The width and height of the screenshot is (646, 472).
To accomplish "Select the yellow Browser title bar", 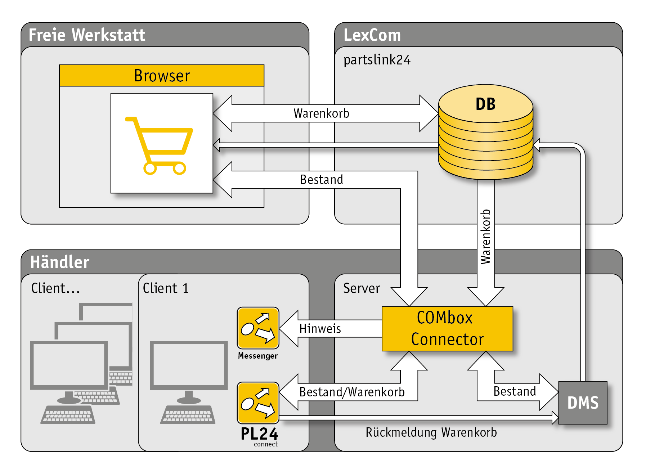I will pos(162,76).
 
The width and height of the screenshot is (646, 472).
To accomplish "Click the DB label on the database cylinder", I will pos(485,104).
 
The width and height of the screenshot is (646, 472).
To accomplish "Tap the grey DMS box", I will pos(583,403).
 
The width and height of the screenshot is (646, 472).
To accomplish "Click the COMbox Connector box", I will pos(447,328).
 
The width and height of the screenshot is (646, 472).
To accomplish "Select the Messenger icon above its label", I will pos(258,328).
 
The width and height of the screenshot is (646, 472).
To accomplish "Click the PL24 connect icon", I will pos(258,403).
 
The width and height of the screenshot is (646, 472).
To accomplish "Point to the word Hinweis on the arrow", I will pos(320,329).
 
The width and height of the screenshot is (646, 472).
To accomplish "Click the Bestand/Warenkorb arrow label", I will pos(352,392).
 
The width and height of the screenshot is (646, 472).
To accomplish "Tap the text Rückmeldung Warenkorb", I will pos(431,432).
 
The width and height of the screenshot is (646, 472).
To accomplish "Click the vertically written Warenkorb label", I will pos(486,237).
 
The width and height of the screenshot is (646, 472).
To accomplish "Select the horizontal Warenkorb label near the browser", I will pos(321,113).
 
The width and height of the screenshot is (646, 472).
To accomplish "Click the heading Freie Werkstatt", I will pos(87,35).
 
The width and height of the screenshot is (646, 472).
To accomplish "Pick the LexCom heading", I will pos(372,35).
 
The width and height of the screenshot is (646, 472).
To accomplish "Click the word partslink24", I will pos(377,60).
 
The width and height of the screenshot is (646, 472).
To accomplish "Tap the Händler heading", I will pos(60,262).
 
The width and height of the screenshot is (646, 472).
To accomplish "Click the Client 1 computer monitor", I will pos(189,365).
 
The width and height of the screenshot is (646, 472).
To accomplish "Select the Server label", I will pos(361,288).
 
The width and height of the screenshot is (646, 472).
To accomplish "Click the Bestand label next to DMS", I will pos(515,391).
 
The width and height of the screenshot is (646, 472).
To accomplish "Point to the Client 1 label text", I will pos(166,288).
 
